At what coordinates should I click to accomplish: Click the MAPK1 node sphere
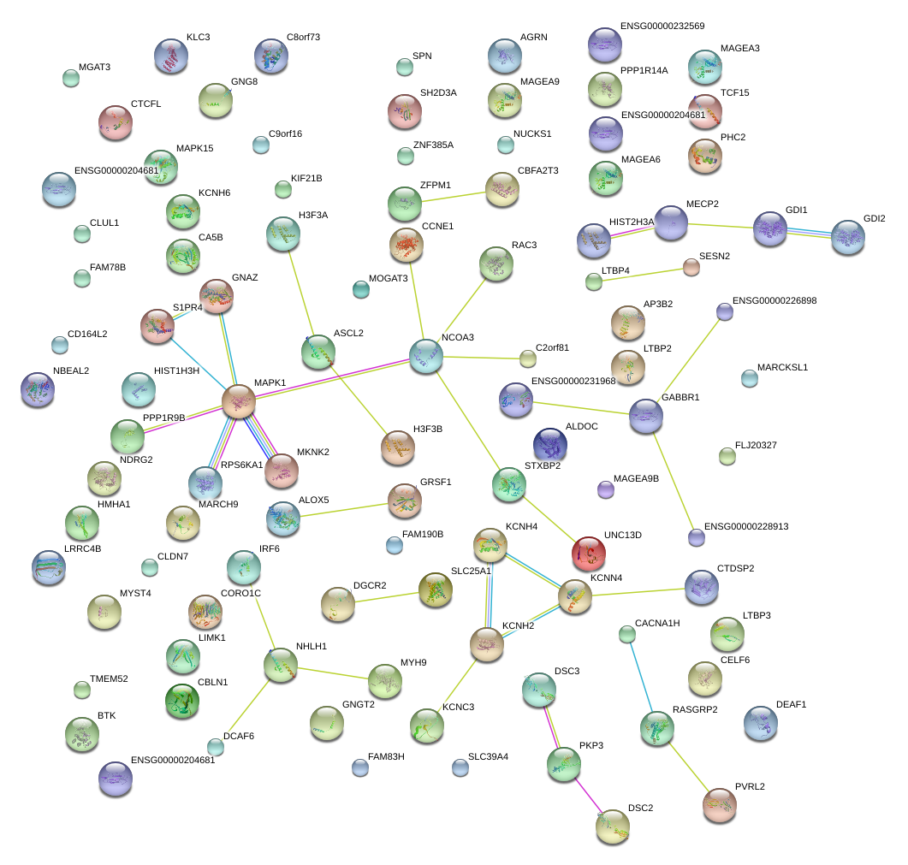[239, 400]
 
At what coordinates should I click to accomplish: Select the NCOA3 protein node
[426, 356]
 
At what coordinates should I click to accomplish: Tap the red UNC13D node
[588, 553]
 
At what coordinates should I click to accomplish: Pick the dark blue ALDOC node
[550, 445]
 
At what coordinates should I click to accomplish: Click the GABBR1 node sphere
[645, 416]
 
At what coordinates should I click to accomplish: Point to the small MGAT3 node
[71, 78]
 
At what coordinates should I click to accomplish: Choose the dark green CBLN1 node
[182, 701]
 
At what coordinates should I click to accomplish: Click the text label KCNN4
[606, 578]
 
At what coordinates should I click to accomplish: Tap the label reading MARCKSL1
[782, 367]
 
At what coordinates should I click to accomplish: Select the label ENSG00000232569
[662, 26]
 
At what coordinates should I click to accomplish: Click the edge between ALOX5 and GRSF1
[344, 510]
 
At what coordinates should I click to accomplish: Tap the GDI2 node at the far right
[848, 237]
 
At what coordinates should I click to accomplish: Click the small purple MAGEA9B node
[606, 489]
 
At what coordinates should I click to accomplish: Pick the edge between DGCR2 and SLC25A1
[386, 597]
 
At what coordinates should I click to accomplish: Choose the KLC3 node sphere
[171, 56]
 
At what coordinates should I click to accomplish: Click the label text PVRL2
[750, 786]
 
